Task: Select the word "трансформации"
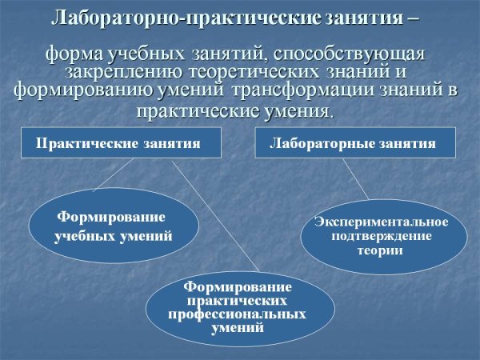coord(293,90)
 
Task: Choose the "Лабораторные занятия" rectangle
coord(355,143)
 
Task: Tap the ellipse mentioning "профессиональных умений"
coord(238,308)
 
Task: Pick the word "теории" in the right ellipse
coord(380,250)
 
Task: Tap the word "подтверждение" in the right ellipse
coord(381,235)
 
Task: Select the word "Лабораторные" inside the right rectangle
coord(329,144)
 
